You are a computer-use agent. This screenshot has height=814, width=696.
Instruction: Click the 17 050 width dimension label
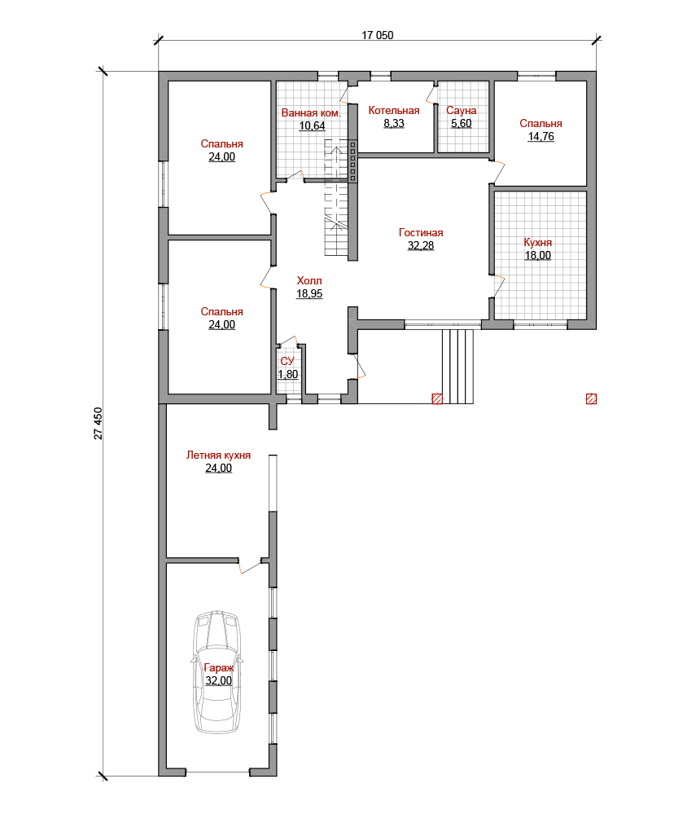[x=377, y=35]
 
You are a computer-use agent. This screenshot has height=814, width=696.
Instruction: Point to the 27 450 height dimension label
[x=98, y=424]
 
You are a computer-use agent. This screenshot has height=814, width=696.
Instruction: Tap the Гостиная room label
[x=421, y=232]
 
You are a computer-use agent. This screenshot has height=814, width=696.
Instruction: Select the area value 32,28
[x=421, y=245]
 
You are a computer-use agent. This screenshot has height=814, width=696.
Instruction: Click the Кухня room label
[x=538, y=243]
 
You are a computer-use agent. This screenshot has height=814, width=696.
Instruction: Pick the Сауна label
[x=461, y=111]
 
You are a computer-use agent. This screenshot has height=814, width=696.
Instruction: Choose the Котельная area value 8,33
[x=394, y=124]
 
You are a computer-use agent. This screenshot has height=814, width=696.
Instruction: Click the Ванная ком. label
[x=311, y=112]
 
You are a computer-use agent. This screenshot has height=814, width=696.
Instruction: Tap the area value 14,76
[x=541, y=137]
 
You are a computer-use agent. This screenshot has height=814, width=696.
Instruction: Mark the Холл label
[x=309, y=281]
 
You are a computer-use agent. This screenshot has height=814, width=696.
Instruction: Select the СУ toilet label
[x=287, y=361]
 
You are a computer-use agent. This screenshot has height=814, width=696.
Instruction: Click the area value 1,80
[x=288, y=374]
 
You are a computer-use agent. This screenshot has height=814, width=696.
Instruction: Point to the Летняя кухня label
[x=218, y=455]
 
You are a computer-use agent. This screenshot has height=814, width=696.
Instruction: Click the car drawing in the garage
[x=217, y=672]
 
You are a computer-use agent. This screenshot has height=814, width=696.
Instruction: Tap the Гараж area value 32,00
[x=218, y=680]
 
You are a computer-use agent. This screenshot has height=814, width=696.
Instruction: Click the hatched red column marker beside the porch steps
[x=437, y=398]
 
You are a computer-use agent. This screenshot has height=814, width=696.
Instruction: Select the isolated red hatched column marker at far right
[x=591, y=398]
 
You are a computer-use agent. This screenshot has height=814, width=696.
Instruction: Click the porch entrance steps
[x=457, y=366]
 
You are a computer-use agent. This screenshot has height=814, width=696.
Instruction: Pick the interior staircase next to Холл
[x=336, y=197]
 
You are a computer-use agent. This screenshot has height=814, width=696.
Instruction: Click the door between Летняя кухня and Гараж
[x=250, y=566]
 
